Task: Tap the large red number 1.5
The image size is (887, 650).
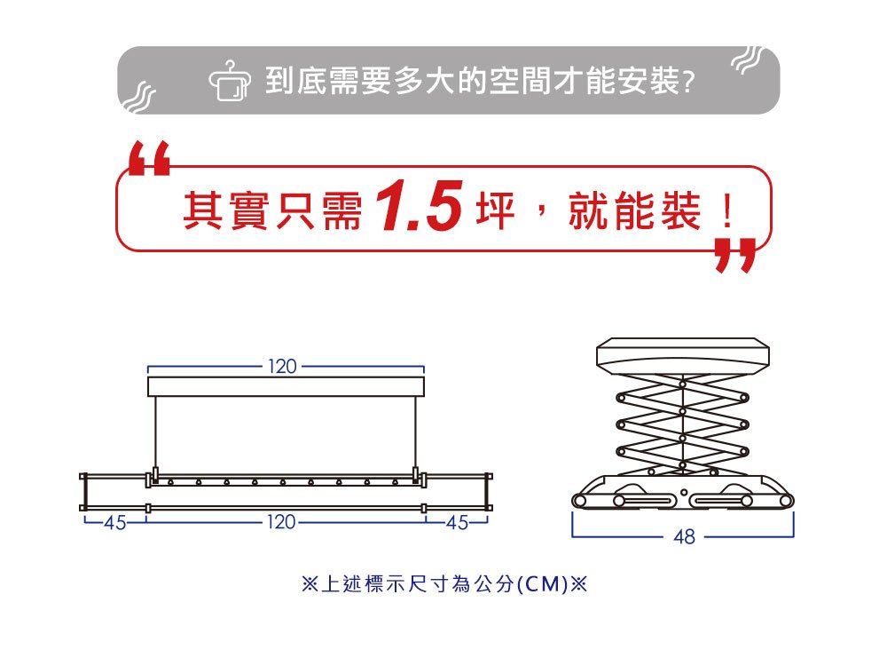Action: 420,206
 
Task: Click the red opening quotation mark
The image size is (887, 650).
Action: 149,158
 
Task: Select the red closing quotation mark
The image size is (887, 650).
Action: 735,256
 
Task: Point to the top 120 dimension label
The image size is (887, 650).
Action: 282,367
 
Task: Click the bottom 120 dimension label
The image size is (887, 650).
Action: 281,521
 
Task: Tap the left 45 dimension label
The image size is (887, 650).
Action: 114,523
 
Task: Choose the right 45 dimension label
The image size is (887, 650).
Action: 458,522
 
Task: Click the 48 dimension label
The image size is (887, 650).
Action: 685,536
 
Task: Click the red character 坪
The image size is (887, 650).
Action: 496,210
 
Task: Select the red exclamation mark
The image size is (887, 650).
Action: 728,210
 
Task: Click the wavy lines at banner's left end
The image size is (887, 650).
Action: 138,97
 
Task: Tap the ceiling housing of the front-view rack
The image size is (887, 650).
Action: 286,387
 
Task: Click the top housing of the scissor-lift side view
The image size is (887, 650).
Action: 683,355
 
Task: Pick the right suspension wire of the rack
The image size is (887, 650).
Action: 416,432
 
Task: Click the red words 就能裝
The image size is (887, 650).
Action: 635,210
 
